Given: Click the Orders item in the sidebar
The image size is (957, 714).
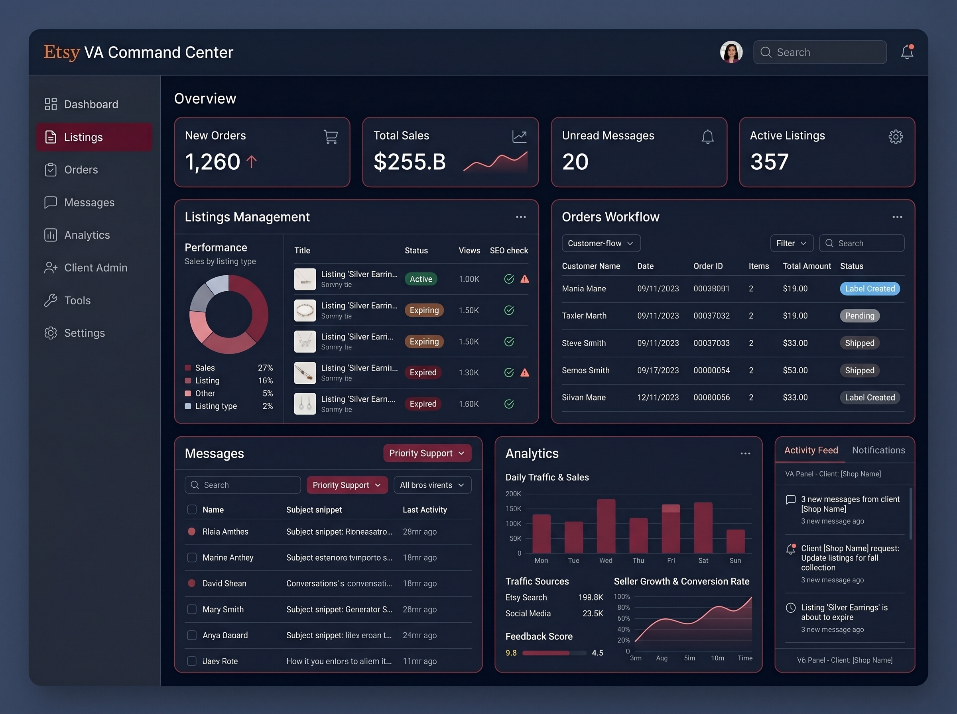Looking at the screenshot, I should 81,170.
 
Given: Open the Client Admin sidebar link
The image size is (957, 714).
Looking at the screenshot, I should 96,268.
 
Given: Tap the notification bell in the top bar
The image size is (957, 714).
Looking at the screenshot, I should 907,52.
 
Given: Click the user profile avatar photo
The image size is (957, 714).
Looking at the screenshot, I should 731,52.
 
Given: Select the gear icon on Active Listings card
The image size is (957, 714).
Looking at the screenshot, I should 895,137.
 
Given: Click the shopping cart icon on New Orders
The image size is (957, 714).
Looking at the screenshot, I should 331,137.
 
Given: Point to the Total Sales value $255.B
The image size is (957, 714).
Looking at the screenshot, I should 409,162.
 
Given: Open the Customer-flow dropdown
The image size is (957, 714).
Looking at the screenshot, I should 601,243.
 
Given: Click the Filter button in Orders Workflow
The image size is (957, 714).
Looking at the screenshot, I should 791,243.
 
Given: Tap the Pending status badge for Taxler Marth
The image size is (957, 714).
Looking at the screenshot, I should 859,316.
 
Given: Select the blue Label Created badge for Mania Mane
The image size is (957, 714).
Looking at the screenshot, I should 869,289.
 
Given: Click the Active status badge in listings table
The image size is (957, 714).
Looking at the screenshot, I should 421,279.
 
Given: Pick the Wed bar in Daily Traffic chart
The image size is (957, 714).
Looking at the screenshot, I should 606,526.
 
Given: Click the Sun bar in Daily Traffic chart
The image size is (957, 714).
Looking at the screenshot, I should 735,541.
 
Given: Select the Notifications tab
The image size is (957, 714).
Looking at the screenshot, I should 878,450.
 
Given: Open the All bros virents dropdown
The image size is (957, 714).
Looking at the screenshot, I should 432,485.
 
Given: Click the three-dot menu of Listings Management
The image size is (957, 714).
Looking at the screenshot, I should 521,217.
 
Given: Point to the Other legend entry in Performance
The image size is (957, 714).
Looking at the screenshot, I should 205,393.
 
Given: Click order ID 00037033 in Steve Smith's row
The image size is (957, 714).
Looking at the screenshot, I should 711,343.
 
